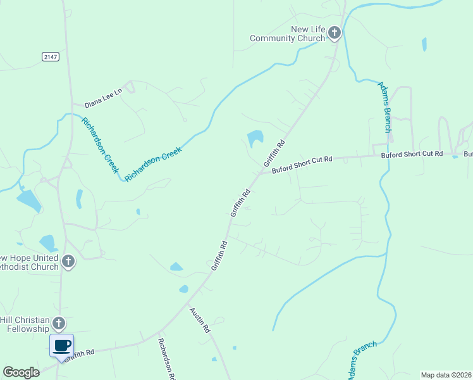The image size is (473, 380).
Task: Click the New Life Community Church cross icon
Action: [x=335, y=33]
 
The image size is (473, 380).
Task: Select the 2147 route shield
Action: [x=51, y=57]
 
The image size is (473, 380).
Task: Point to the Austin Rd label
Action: [x=200, y=320]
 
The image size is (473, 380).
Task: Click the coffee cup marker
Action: [x=62, y=346]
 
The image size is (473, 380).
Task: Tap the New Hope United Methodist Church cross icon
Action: [x=68, y=261]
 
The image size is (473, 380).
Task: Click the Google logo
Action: [x=21, y=372]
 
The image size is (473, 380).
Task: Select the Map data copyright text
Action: [x=446, y=375]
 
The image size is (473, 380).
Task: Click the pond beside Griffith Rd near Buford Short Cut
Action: [x=255, y=137]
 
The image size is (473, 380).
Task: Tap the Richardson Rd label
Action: [x=166, y=358]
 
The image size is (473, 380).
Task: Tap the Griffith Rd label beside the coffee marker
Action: [x=79, y=353]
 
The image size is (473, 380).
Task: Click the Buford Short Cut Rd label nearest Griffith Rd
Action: [x=302, y=164]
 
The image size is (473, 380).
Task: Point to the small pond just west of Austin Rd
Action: [x=183, y=289]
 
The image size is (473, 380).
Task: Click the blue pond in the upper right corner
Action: [x=424, y=44]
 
